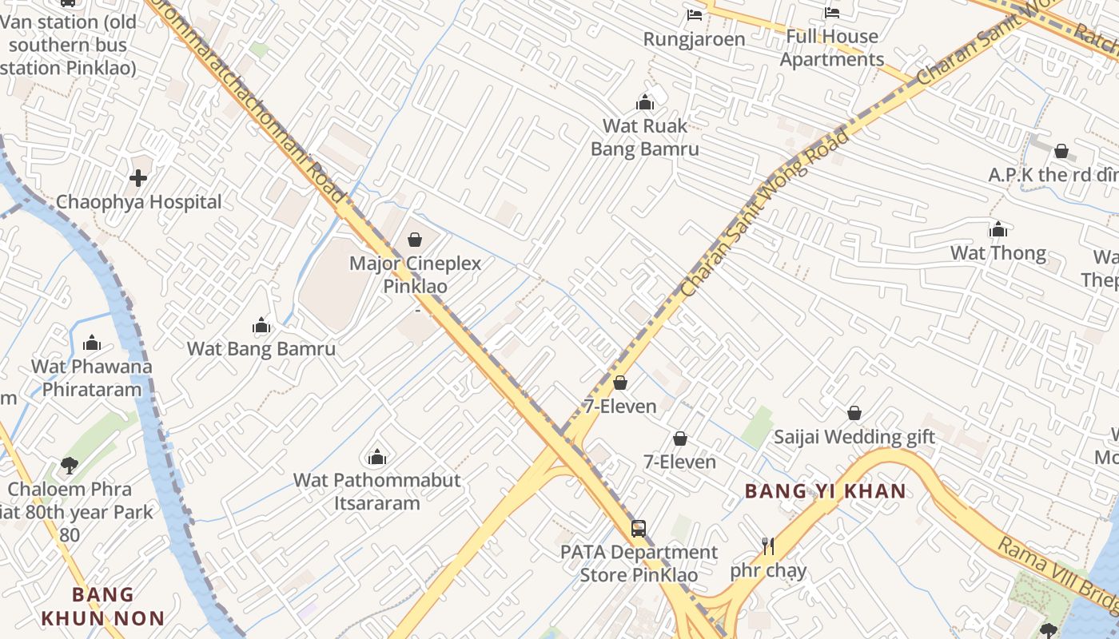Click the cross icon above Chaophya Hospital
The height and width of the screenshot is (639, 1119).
pyautogui.click(x=138, y=177)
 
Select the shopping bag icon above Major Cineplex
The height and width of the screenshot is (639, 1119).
pyautogui.click(x=415, y=239)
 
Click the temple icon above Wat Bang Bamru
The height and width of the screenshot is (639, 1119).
pyautogui.click(x=261, y=325)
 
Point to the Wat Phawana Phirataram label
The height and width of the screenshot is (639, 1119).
pyautogui.click(x=91, y=378)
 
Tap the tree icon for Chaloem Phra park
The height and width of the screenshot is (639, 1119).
pyautogui.click(x=70, y=465)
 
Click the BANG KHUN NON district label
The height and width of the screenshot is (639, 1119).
pyautogui.click(x=102, y=606)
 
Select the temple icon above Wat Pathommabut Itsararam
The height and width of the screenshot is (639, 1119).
pyautogui.click(x=376, y=457)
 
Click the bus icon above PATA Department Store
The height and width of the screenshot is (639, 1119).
pyautogui.click(x=638, y=528)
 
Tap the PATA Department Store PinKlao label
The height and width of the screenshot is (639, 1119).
pyautogui.click(x=639, y=563)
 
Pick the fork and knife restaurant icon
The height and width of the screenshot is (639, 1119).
pyautogui.click(x=768, y=546)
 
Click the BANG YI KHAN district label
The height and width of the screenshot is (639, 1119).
pyautogui.click(x=826, y=490)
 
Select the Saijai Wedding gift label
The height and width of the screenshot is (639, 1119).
pyautogui.click(x=854, y=437)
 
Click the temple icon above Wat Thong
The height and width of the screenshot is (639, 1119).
pyautogui.click(x=998, y=230)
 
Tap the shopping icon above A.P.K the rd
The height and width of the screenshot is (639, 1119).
pyautogui.click(x=1061, y=151)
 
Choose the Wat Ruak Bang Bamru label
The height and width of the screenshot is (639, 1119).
pyautogui.click(x=644, y=137)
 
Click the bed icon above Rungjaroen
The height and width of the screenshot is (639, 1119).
pyautogui.click(x=695, y=14)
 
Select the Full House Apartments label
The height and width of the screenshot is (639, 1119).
pyautogui.click(x=832, y=48)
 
